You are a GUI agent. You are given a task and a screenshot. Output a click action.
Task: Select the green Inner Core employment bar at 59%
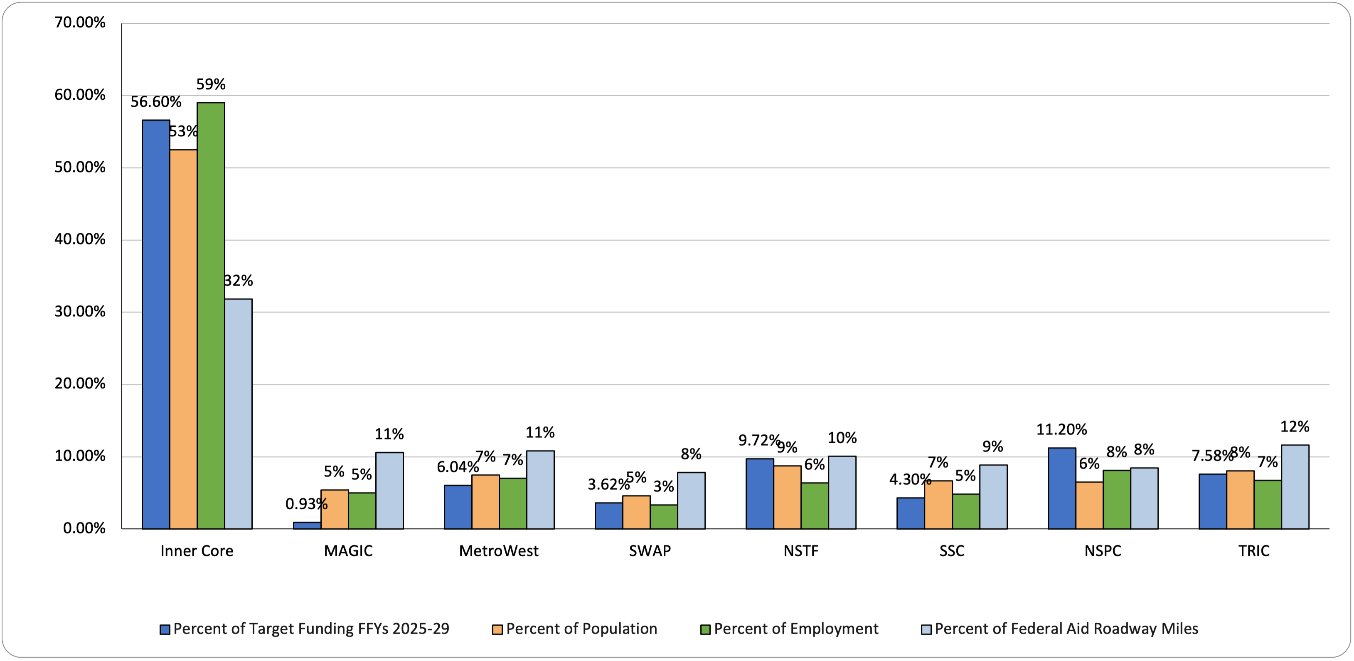pyautogui.click(x=211, y=316)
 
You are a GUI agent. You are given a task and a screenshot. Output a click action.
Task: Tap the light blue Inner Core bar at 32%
pyautogui.click(x=238, y=414)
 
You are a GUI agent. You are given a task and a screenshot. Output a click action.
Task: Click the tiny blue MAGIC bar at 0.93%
pyautogui.click(x=307, y=525)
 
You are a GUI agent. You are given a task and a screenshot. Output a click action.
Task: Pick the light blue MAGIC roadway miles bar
pyautogui.click(x=389, y=490)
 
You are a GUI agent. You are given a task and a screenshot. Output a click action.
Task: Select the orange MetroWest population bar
pyautogui.click(x=485, y=502)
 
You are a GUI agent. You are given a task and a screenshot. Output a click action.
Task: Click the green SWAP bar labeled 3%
pyautogui.click(x=663, y=516)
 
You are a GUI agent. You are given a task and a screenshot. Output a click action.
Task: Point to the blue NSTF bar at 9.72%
pyautogui.click(x=760, y=493)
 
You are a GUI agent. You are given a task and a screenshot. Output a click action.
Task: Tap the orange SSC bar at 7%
pyautogui.click(x=938, y=504)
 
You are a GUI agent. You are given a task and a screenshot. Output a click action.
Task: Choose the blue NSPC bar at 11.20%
pyautogui.click(x=1062, y=488)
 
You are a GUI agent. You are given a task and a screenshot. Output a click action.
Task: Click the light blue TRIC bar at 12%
pyautogui.click(x=1295, y=486)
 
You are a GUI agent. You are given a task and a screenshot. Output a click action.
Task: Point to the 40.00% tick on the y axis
pyautogui.click(x=80, y=239)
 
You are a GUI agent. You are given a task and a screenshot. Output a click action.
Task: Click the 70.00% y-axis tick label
pyautogui.click(x=80, y=22)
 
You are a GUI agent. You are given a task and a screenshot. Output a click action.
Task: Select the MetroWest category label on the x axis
pyautogui.click(x=498, y=550)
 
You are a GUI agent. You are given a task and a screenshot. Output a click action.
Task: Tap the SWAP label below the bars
pyautogui.click(x=650, y=550)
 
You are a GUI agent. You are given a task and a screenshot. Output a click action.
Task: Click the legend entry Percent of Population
pyautogui.click(x=581, y=629)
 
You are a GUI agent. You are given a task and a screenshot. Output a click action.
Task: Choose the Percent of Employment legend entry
pyautogui.click(x=795, y=629)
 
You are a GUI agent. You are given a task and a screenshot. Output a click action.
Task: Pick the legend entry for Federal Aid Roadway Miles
pyautogui.click(x=1066, y=629)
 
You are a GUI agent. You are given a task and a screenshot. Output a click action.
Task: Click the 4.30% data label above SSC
pyautogui.click(x=910, y=479)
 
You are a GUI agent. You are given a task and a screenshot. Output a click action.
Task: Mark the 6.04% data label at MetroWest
pyautogui.click(x=457, y=466)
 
